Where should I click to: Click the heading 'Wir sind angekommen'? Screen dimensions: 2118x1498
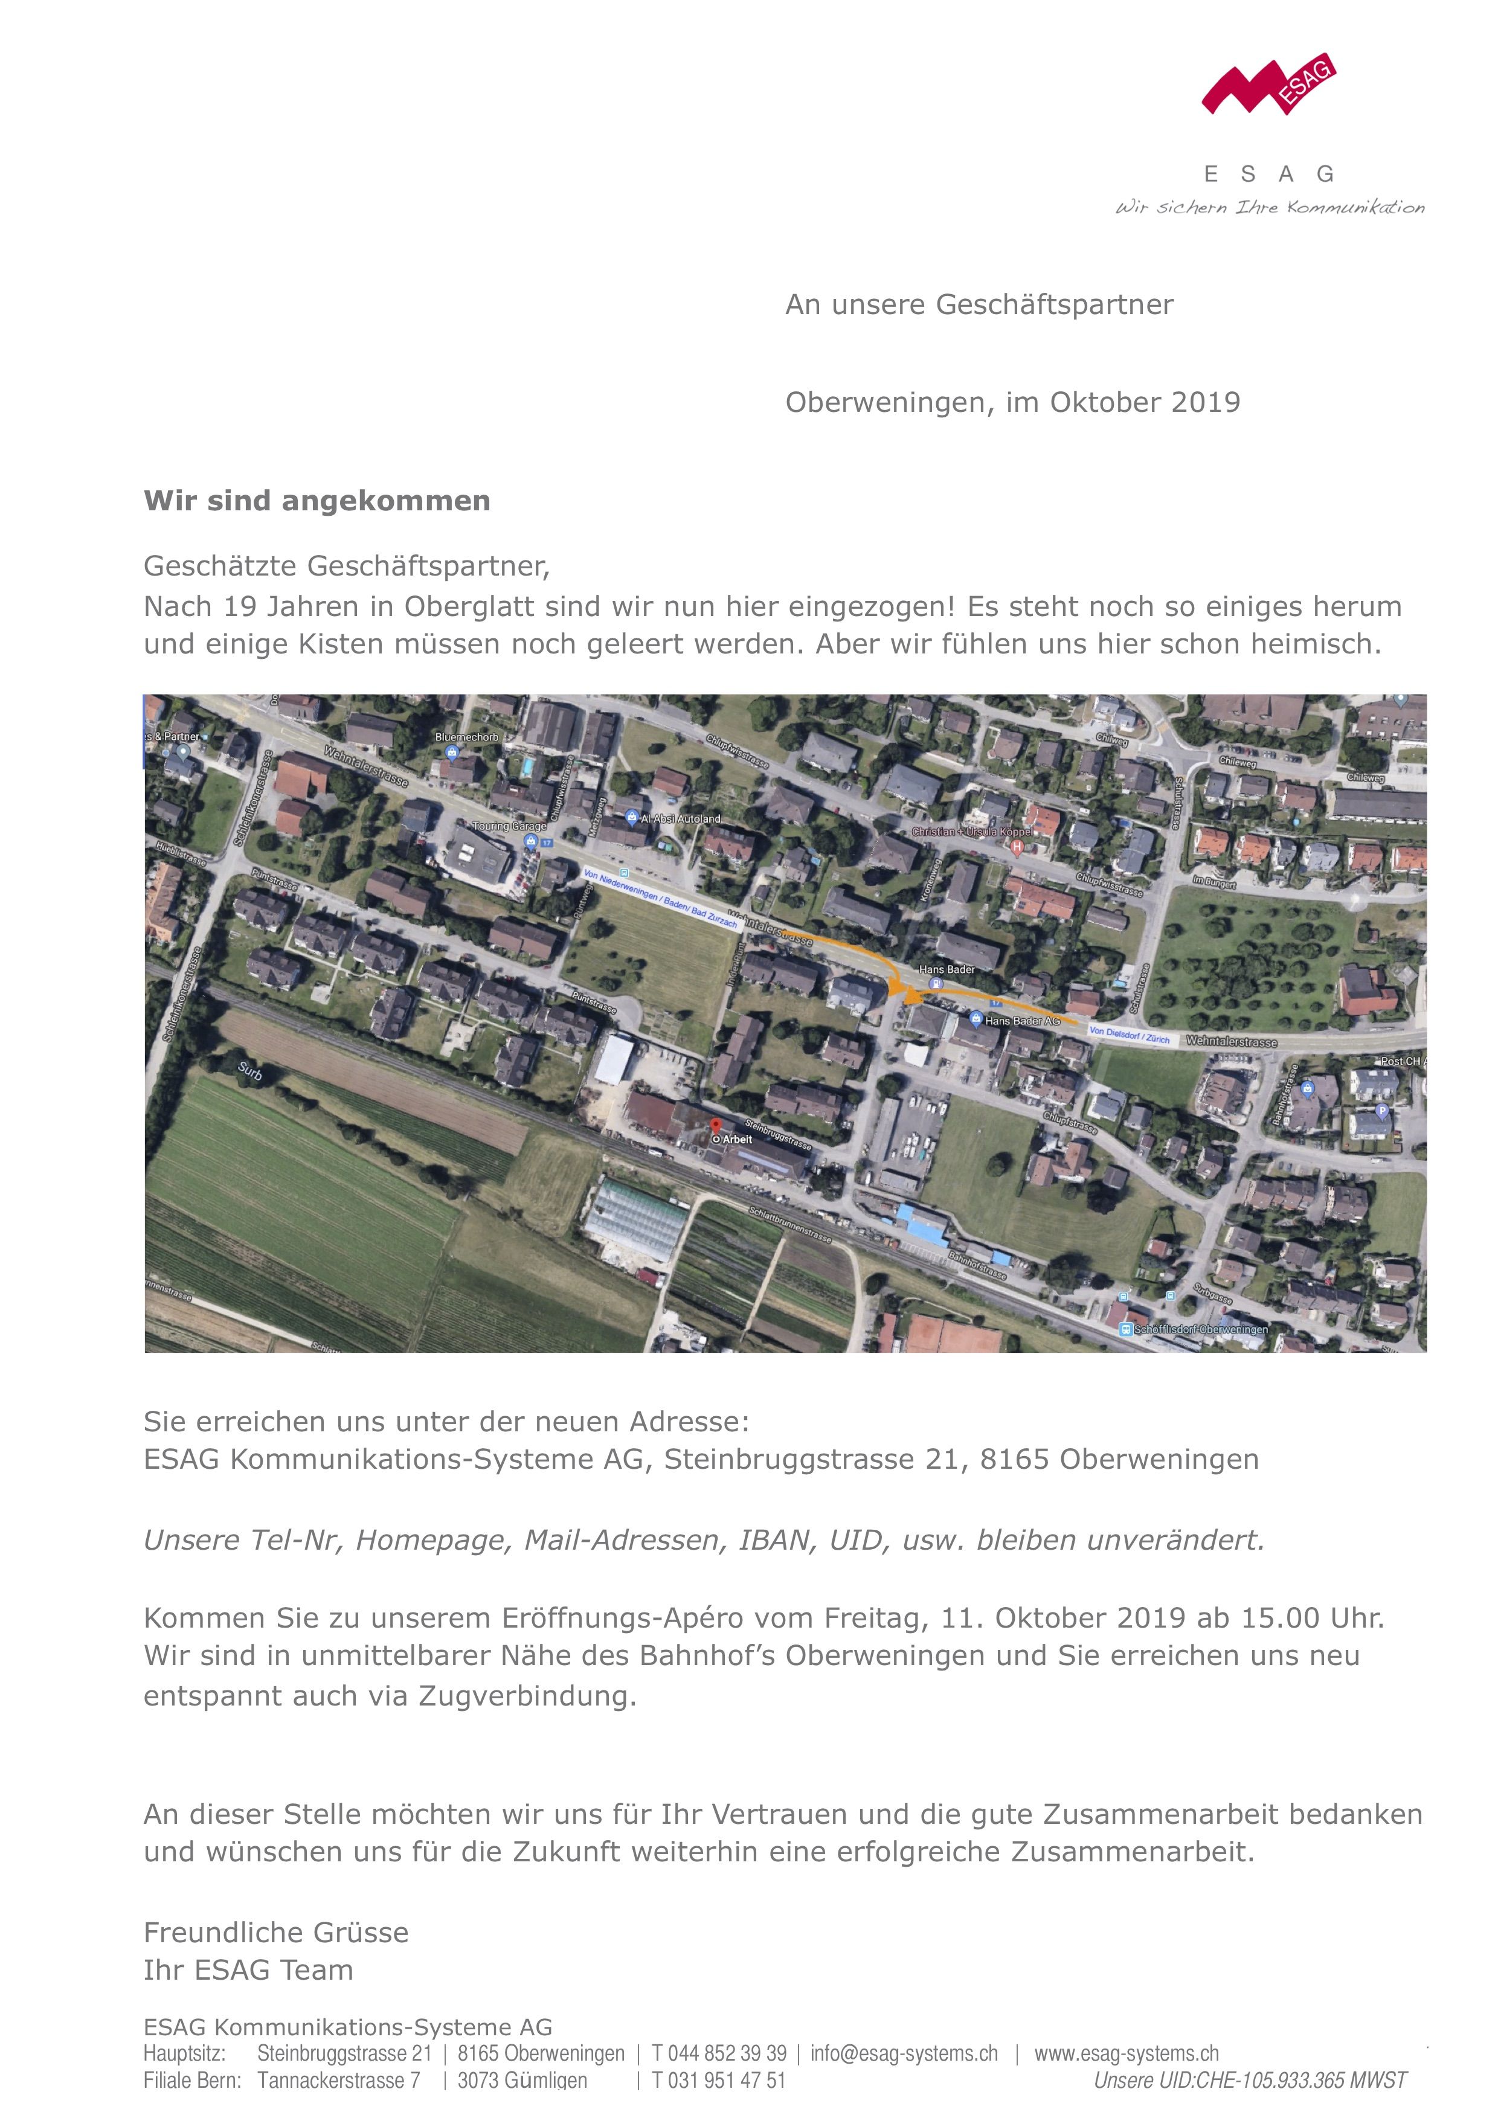317,501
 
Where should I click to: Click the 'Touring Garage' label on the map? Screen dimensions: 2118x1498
509,826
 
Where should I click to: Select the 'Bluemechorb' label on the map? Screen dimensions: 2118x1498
467,737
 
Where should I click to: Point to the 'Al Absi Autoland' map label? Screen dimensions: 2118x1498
680,818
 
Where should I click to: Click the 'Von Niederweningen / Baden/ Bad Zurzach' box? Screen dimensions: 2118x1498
660,897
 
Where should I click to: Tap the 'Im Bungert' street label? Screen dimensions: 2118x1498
1214,884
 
